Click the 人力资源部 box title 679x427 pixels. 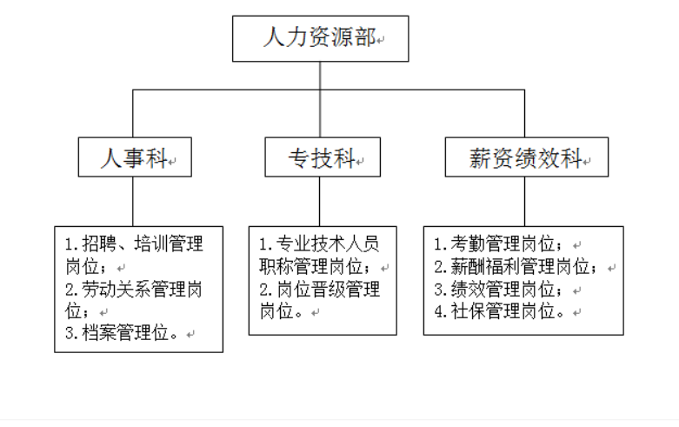319,37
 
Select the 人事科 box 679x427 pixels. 135,157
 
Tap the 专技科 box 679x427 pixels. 323,157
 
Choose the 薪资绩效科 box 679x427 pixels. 527,157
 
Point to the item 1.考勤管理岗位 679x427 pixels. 498,244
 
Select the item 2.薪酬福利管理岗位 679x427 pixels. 516,266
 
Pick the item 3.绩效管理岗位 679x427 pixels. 498,289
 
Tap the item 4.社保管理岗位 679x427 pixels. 499,311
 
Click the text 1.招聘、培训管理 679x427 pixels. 134,244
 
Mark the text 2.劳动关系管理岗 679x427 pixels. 134,289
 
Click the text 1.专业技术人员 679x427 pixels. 319,244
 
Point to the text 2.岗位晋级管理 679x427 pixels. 320,289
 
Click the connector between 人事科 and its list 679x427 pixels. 133,202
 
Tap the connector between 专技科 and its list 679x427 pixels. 320,202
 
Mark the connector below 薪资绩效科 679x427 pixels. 524,202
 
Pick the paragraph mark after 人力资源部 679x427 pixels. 380,41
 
